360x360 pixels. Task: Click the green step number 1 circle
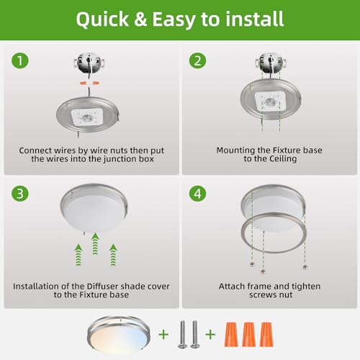coord(20,60)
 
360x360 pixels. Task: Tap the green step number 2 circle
coord(197,60)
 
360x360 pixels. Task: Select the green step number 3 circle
coord(20,194)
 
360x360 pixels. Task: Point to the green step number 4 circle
coord(197,194)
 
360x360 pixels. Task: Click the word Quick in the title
coord(102,19)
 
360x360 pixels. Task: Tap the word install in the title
coord(255,19)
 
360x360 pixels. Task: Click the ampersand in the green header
coord(140,19)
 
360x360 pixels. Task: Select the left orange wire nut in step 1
coord(84,83)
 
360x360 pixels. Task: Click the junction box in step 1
coord(89,63)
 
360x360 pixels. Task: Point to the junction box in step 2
coord(271,63)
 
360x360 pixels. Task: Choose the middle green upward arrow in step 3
coord(95,244)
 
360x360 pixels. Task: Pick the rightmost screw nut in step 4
coord(305,267)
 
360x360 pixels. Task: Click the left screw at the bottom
coord(182,334)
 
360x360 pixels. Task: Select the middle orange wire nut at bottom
coord(248,334)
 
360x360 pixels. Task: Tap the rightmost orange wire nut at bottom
coord(266,334)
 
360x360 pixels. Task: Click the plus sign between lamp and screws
coord(163,334)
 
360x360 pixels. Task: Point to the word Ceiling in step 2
coord(283,159)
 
